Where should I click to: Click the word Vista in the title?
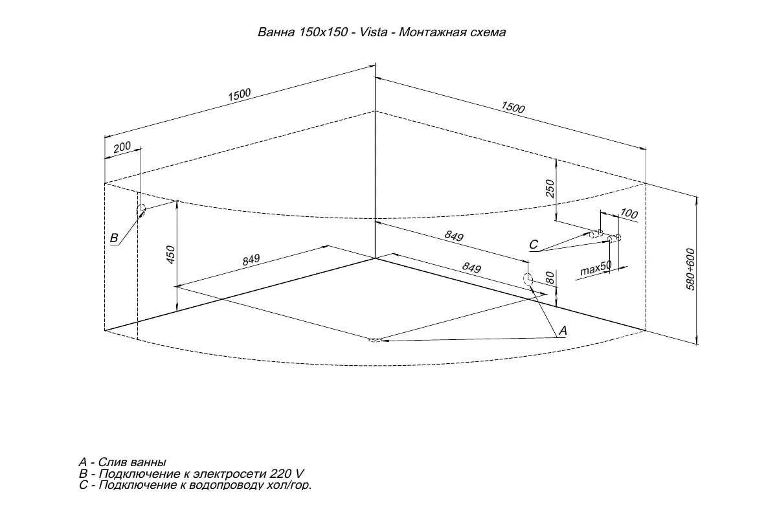pos(373,32)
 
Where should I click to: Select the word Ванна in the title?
pos(276,32)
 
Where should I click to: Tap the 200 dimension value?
pos(122,147)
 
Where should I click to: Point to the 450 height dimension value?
pos(171,254)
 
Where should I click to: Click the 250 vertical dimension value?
pos(550,188)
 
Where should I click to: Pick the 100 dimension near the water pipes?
pos(629,214)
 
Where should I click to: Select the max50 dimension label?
pos(596,268)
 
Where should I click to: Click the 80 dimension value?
pos(550,278)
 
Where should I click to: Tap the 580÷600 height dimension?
pos(690,269)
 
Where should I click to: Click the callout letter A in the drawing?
pos(563,330)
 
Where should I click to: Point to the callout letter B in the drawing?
pos(114,238)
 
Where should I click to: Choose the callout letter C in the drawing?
pos(534,245)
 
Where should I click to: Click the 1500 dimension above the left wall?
pos(240,95)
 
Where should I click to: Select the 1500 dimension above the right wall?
pos(513,107)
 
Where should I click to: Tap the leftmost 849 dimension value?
pos(251,260)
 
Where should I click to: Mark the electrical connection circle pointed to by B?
pos(141,210)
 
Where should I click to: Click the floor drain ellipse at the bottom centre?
pos(374,341)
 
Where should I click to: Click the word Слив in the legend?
pos(115,462)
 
